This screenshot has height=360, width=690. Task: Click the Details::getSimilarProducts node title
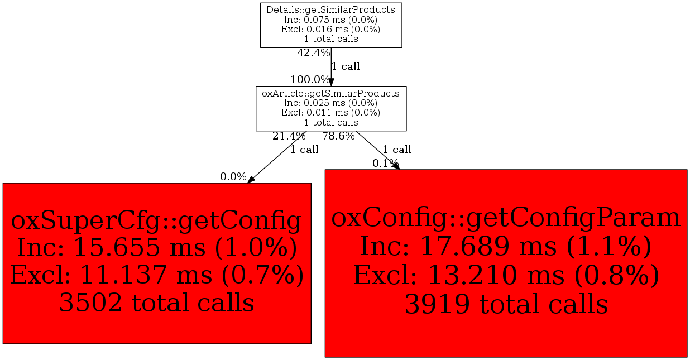[x=330, y=10]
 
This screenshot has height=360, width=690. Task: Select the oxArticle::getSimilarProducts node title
[x=330, y=93]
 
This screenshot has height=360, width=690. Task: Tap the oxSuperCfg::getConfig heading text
[x=156, y=221]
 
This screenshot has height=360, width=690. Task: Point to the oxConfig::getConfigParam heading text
[x=505, y=218]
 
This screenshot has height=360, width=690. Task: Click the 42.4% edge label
[x=314, y=53]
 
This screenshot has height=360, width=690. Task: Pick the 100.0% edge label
[x=310, y=79]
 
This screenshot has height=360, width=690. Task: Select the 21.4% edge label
[x=289, y=136]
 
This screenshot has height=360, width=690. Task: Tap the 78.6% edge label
[x=338, y=136]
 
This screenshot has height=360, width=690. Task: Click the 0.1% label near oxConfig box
[x=385, y=163]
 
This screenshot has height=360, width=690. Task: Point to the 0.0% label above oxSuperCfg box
[x=233, y=177]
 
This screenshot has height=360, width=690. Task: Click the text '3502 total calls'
[x=156, y=303]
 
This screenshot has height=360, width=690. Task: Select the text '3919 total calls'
[x=506, y=304]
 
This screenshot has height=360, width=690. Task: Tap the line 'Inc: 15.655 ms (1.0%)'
[x=157, y=248]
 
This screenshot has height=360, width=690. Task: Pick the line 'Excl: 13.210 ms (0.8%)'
[x=506, y=276]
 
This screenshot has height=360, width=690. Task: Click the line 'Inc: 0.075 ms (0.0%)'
[x=330, y=20]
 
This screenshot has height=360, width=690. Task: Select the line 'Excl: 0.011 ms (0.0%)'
[x=330, y=112]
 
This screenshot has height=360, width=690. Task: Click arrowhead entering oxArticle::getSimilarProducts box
[x=331, y=82]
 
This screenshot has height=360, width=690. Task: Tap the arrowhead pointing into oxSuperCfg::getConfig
[x=251, y=179]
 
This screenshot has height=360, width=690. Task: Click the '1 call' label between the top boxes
[x=346, y=66]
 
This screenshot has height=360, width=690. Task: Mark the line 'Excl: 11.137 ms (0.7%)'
[x=157, y=275]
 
